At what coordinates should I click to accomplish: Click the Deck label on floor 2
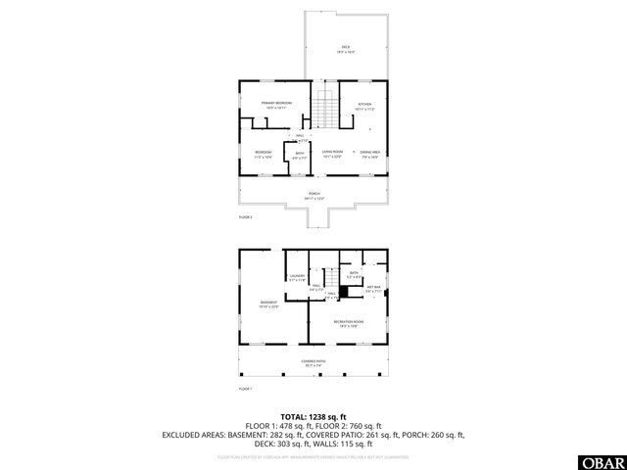pyautogui.click(x=345, y=48)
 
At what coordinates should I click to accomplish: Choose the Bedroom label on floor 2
pyautogui.click(x=264, y=154)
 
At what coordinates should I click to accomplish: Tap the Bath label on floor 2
pyautogui.click(x=299, y=155)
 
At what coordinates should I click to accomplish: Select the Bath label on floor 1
pyautogui.click(x=368, y=275)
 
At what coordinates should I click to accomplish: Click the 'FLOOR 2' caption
pyautogui.click(x=245, y=216)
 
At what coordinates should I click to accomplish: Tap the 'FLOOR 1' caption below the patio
pyautogui.click(x=245, y=389)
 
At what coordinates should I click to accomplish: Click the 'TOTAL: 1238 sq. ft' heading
pyautogui.click(x=313, y=417)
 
